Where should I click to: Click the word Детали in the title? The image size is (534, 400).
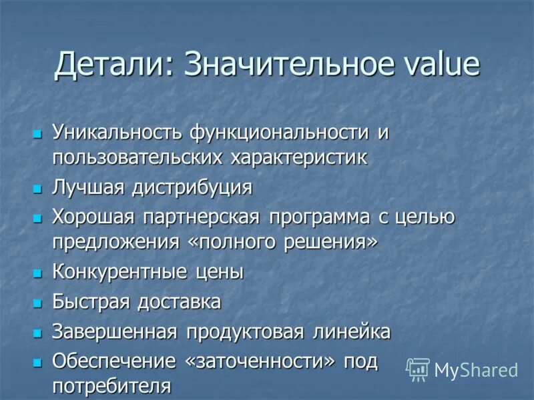[x=111, y=65]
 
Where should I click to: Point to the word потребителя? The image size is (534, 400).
[x=111, y=386]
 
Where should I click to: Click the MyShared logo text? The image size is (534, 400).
[x=476, y=370]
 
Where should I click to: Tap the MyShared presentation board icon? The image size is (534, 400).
[x=418, y=369]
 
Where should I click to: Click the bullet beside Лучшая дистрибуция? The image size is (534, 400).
[x=37, y=189]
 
